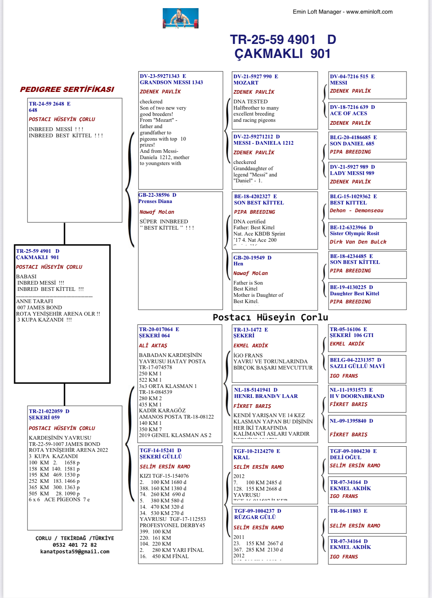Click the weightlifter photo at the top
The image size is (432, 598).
tap(181, 18)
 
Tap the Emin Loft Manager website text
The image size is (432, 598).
tap(343, 12)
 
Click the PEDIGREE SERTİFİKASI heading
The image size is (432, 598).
tap(67, 89)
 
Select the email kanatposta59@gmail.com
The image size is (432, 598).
tap(75, 551)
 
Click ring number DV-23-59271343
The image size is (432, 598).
tap(160, 76)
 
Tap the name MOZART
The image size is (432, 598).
tap(246, 83)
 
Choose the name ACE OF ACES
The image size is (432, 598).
tap(349, 113)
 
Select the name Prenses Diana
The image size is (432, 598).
tap(155, 201)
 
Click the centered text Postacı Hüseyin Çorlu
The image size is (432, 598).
tap(270, 317)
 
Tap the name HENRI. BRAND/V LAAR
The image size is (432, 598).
tap(266, 396)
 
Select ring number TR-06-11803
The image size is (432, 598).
tap(345, 511)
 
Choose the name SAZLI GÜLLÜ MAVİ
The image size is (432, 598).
tap(357, 366)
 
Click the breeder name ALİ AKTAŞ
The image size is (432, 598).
tap(153, 346)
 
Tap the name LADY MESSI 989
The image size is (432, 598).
tap(352, 173)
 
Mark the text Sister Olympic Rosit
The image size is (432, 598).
tap(354, 233)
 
